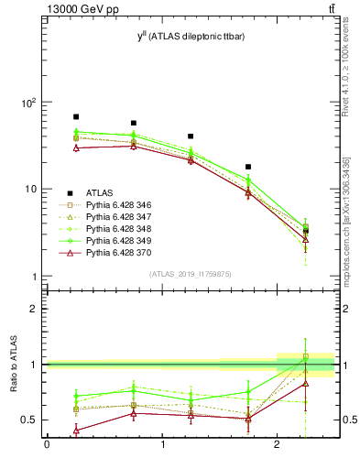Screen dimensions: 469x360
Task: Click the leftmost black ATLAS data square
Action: pos(76,117)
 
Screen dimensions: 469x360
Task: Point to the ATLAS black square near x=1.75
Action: pos(248,168)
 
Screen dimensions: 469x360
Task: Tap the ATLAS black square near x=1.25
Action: pos(191,136)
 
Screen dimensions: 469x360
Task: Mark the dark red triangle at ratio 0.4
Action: pos(76,430)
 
